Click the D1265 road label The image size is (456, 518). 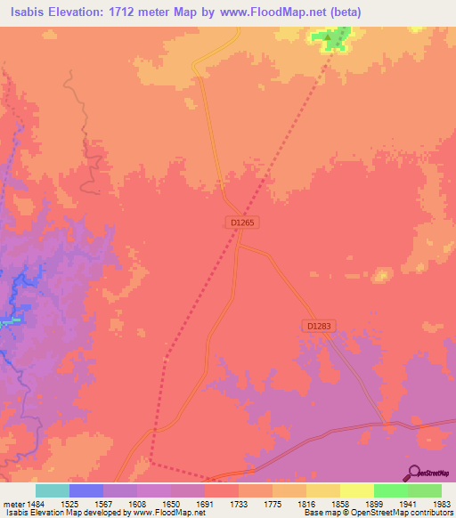click(243, 223)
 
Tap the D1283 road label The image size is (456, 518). click(318, 327)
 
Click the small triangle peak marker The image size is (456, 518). click(328, 37)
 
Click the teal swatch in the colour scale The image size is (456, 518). click(52, 490)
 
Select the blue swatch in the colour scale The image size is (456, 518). click(85, 490)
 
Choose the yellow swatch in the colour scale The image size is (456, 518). click(356, 490)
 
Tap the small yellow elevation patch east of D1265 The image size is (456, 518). click(383, 274)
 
